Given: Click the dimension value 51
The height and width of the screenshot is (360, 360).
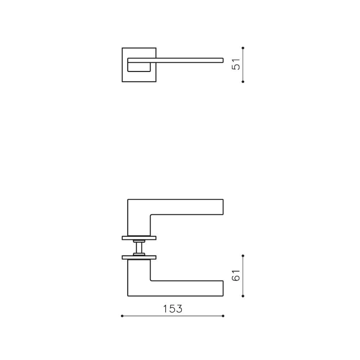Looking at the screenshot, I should pyautogui.click(x=236, y=65).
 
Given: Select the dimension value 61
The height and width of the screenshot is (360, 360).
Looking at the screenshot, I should pyautogui.click(x=236, y=276).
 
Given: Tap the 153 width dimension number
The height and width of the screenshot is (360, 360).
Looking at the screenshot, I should pyautogui.click(x=173, y=309).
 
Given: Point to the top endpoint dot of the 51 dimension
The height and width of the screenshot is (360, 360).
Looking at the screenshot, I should pyautogui.click(x=243, y=48).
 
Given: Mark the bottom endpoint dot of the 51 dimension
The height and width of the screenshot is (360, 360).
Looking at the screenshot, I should pyautogui.click(x=243, y=82).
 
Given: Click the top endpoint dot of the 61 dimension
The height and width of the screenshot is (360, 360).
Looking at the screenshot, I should pyautogui.click(x=243, y=256).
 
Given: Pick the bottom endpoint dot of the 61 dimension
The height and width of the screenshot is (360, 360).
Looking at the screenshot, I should pyautogui.click(x=243, y=296).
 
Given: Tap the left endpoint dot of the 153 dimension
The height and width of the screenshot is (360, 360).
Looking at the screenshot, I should pyautogui.click(x=122, y=316).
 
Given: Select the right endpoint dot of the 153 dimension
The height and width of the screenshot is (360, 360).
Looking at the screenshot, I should pyautogui.click(x=223, y=316).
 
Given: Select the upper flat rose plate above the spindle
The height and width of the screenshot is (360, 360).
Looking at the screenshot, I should pyautogui.click(x=139, y=238).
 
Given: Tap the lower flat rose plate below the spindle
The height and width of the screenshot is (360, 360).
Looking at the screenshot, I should pyautogui.click(x=139, y=257).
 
